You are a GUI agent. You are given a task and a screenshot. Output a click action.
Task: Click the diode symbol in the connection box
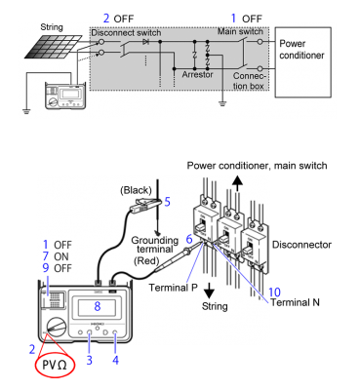pyautogui.click(x=146, y=43)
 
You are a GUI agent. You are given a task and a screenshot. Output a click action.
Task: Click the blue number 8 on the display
pyautogui.click(x=98, y=305)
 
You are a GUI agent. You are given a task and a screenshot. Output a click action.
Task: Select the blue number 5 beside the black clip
pyautogui.click(x=167, y=202)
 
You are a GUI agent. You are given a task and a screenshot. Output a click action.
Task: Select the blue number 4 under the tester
pyautogui.click(x=116, y=360)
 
